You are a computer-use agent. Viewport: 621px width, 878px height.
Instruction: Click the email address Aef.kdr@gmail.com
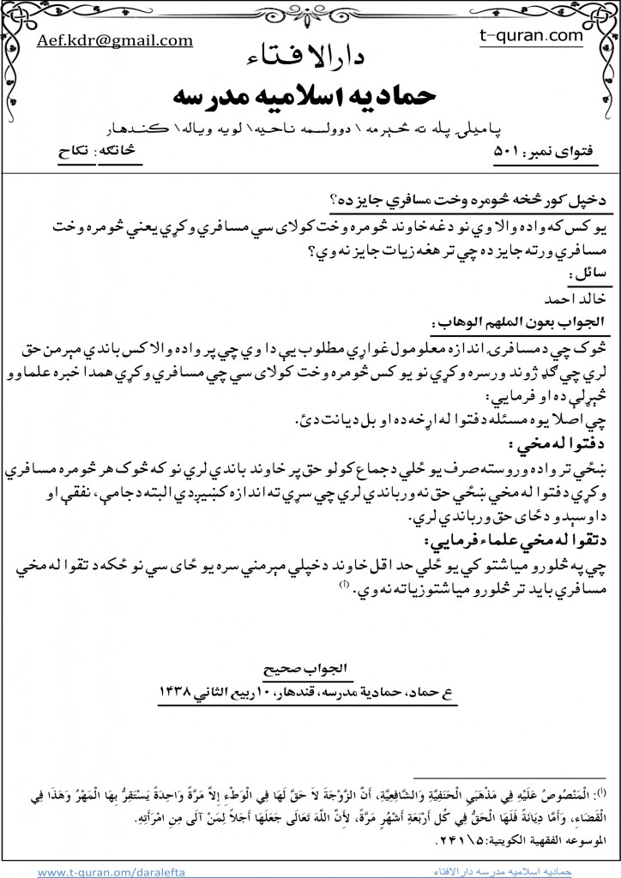tap(115, 40)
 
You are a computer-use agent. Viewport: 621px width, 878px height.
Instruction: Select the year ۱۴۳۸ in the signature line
tap(179, 690)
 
